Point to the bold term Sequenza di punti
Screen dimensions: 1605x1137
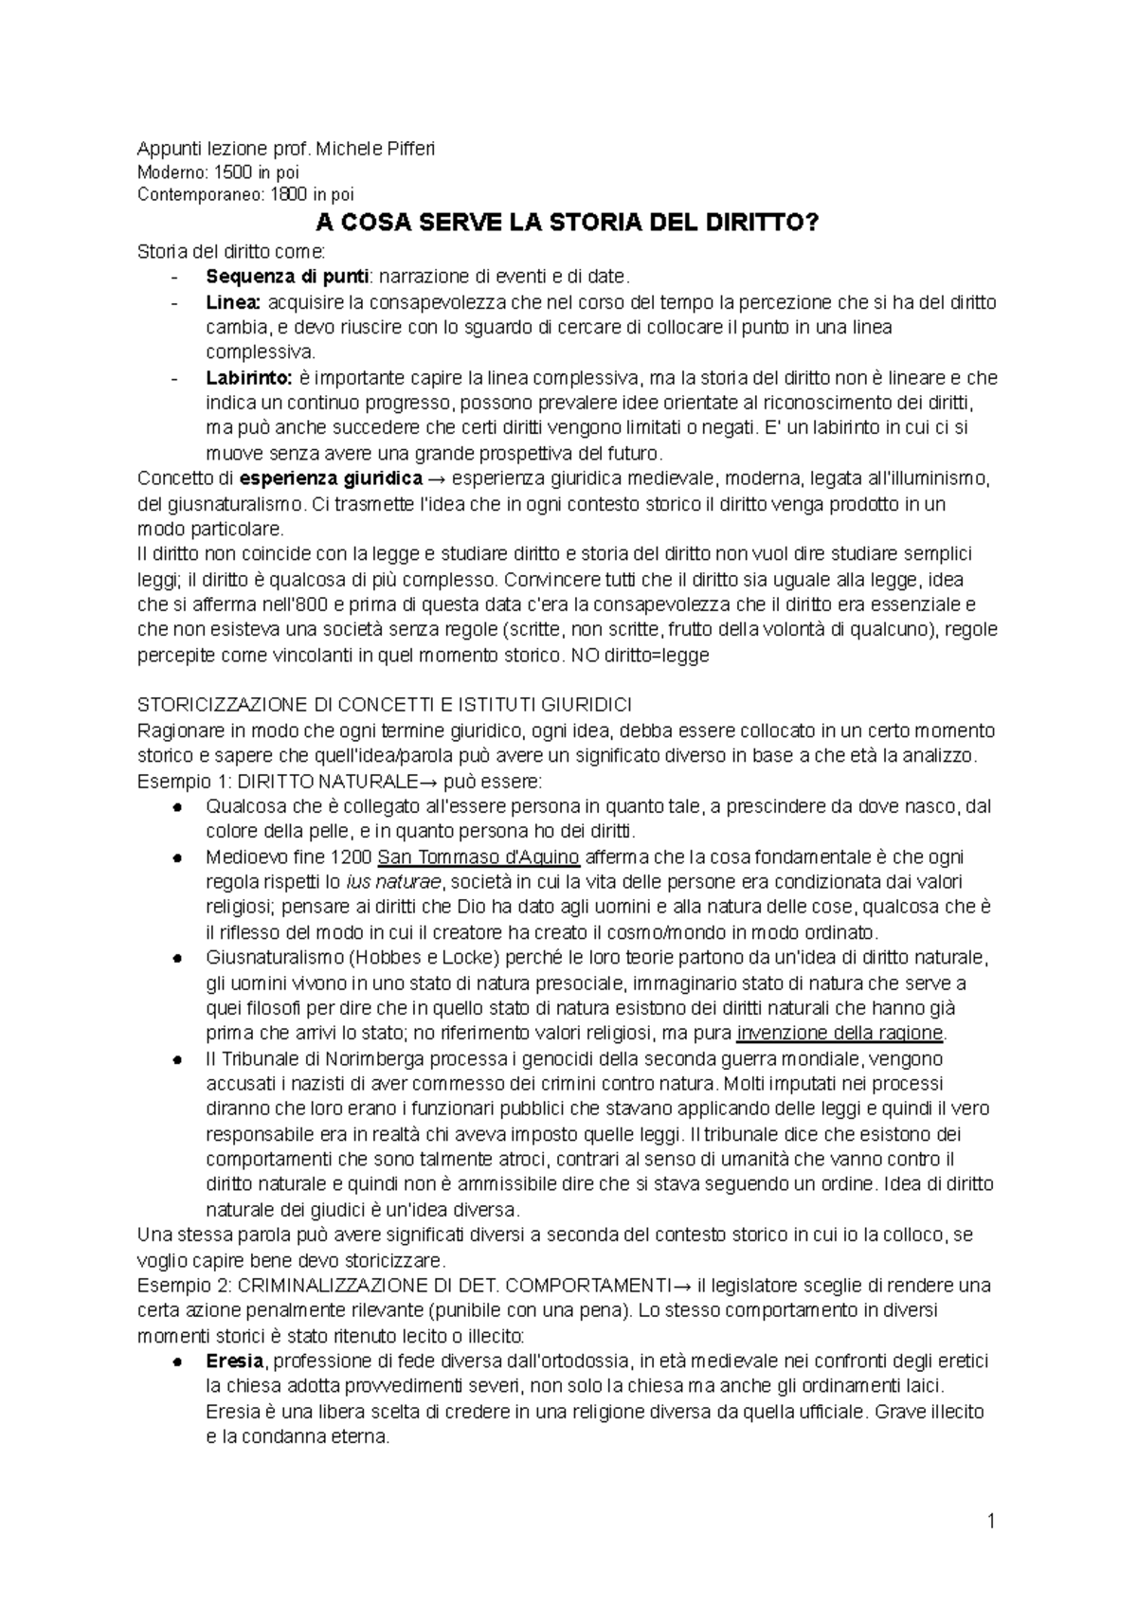point(262,278)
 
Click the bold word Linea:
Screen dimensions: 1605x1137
point(233,302)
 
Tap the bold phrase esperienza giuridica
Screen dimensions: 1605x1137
point(331,478)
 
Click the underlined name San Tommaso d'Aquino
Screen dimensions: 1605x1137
point(478,857)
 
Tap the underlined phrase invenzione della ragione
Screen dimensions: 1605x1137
point(840,1033)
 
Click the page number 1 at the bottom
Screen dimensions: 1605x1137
point(991,1523)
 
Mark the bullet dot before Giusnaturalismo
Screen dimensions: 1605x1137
point(178,958)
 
